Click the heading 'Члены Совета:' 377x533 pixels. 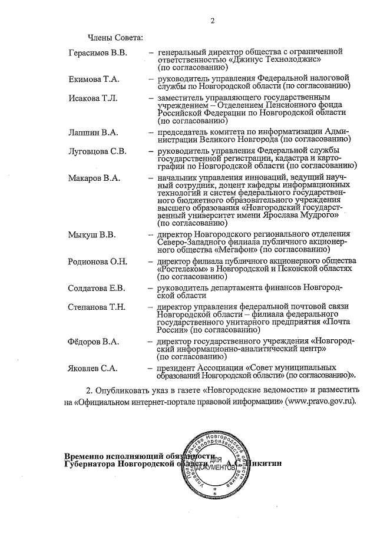(115, 38)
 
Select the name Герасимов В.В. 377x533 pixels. (97, 54)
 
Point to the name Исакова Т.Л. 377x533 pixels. (92, 97)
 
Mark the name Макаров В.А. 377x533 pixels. (94, 178)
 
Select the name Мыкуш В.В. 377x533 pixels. (91, 237)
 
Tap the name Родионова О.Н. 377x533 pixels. (98, 261)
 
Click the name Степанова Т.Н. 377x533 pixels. (97, 307)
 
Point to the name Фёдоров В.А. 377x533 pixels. (94, 342)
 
